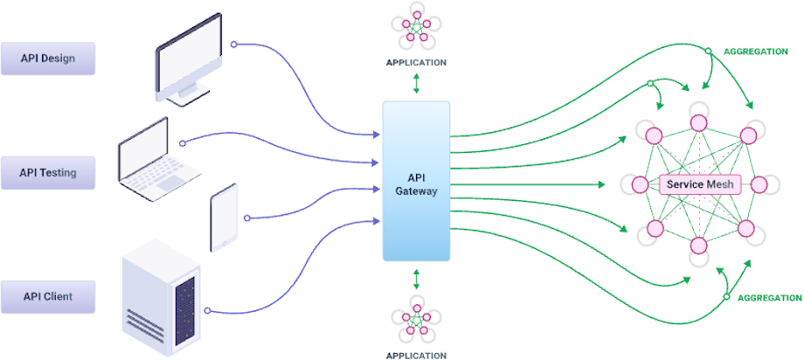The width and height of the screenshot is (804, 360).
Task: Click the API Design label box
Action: tap(48, 59)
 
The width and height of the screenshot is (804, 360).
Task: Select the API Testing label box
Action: tap(48, 173)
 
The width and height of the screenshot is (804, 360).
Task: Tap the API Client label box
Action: tap(48, 297)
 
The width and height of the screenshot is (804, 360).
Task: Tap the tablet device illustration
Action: tap(224, 218)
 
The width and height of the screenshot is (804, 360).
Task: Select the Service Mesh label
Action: tap(699, 185)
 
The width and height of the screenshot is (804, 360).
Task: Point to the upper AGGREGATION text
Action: tap(755, 52)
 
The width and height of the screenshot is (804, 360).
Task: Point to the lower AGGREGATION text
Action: tap(769, 298)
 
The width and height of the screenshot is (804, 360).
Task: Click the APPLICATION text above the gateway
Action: tap(416, 63)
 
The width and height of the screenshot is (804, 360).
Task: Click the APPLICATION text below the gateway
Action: tap(416, 355)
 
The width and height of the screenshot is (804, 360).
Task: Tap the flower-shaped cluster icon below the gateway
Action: tap(416, 319)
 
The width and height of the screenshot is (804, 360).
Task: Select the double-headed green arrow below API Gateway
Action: tap(416, 278)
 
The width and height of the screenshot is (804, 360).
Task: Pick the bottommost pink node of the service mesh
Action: tap(699, 246)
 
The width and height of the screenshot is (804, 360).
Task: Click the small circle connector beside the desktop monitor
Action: tap(233, 44)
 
